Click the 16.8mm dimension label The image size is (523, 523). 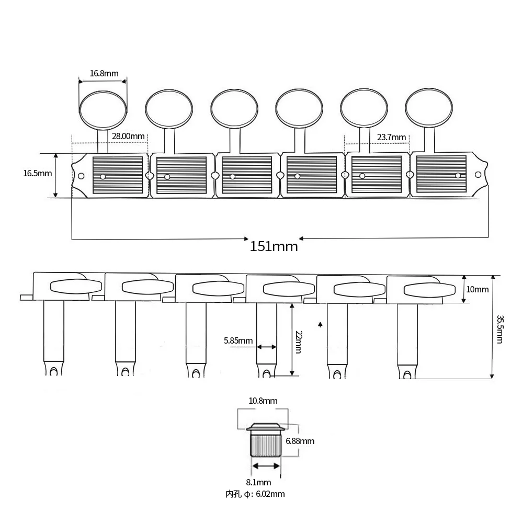point(104,73)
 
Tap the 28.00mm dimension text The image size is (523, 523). point(129,136)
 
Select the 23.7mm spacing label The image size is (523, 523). point(392,137)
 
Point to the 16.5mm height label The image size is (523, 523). point(38,174)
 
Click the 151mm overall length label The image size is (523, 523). point(274,246)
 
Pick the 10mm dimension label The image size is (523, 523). point(477,289)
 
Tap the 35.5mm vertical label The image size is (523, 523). point(499,329)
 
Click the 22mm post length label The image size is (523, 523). point(299,342)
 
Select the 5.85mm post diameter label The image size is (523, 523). point(238,340)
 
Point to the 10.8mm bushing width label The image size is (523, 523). point(263,401)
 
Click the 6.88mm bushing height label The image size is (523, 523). point(300,441)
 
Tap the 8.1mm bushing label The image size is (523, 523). point(258,482)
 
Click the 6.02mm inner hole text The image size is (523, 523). point(270,494)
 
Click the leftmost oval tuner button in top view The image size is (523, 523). point(103,109)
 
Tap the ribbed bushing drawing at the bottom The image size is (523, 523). point(266,440)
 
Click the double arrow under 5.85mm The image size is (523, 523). point(267,347)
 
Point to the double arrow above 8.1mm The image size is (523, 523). point(266,465)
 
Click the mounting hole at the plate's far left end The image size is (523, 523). point(81,176)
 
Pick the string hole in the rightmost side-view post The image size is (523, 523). point(407,376)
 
